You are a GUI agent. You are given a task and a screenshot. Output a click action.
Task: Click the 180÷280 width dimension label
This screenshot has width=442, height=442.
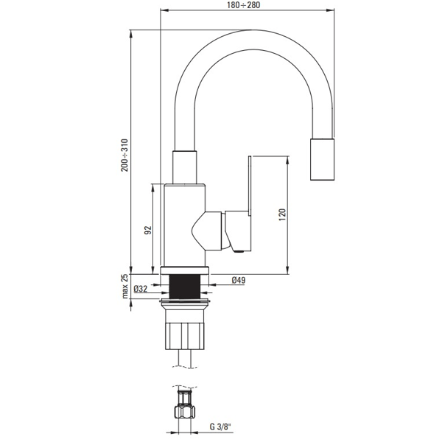(244, 5)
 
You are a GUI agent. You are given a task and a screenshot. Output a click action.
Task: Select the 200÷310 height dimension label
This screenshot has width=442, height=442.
(124, 155)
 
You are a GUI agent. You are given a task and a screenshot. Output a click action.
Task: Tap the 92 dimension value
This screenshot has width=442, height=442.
(148, 230)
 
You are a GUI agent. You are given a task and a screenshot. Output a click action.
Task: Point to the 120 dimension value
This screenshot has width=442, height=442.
(282, 215)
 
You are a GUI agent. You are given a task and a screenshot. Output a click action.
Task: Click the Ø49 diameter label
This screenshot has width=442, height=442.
(239, 280)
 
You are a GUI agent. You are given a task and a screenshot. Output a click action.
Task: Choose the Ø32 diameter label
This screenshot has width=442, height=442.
(141, 289)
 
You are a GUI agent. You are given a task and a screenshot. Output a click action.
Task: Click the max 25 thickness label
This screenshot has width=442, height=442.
(125, 287)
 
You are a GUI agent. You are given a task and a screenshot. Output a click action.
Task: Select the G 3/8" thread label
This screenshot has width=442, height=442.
(220, 427)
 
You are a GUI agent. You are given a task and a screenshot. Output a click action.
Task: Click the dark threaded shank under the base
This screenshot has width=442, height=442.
(185, 287)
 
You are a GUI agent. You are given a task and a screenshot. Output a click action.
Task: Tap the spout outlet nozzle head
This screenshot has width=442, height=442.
(322, 159)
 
